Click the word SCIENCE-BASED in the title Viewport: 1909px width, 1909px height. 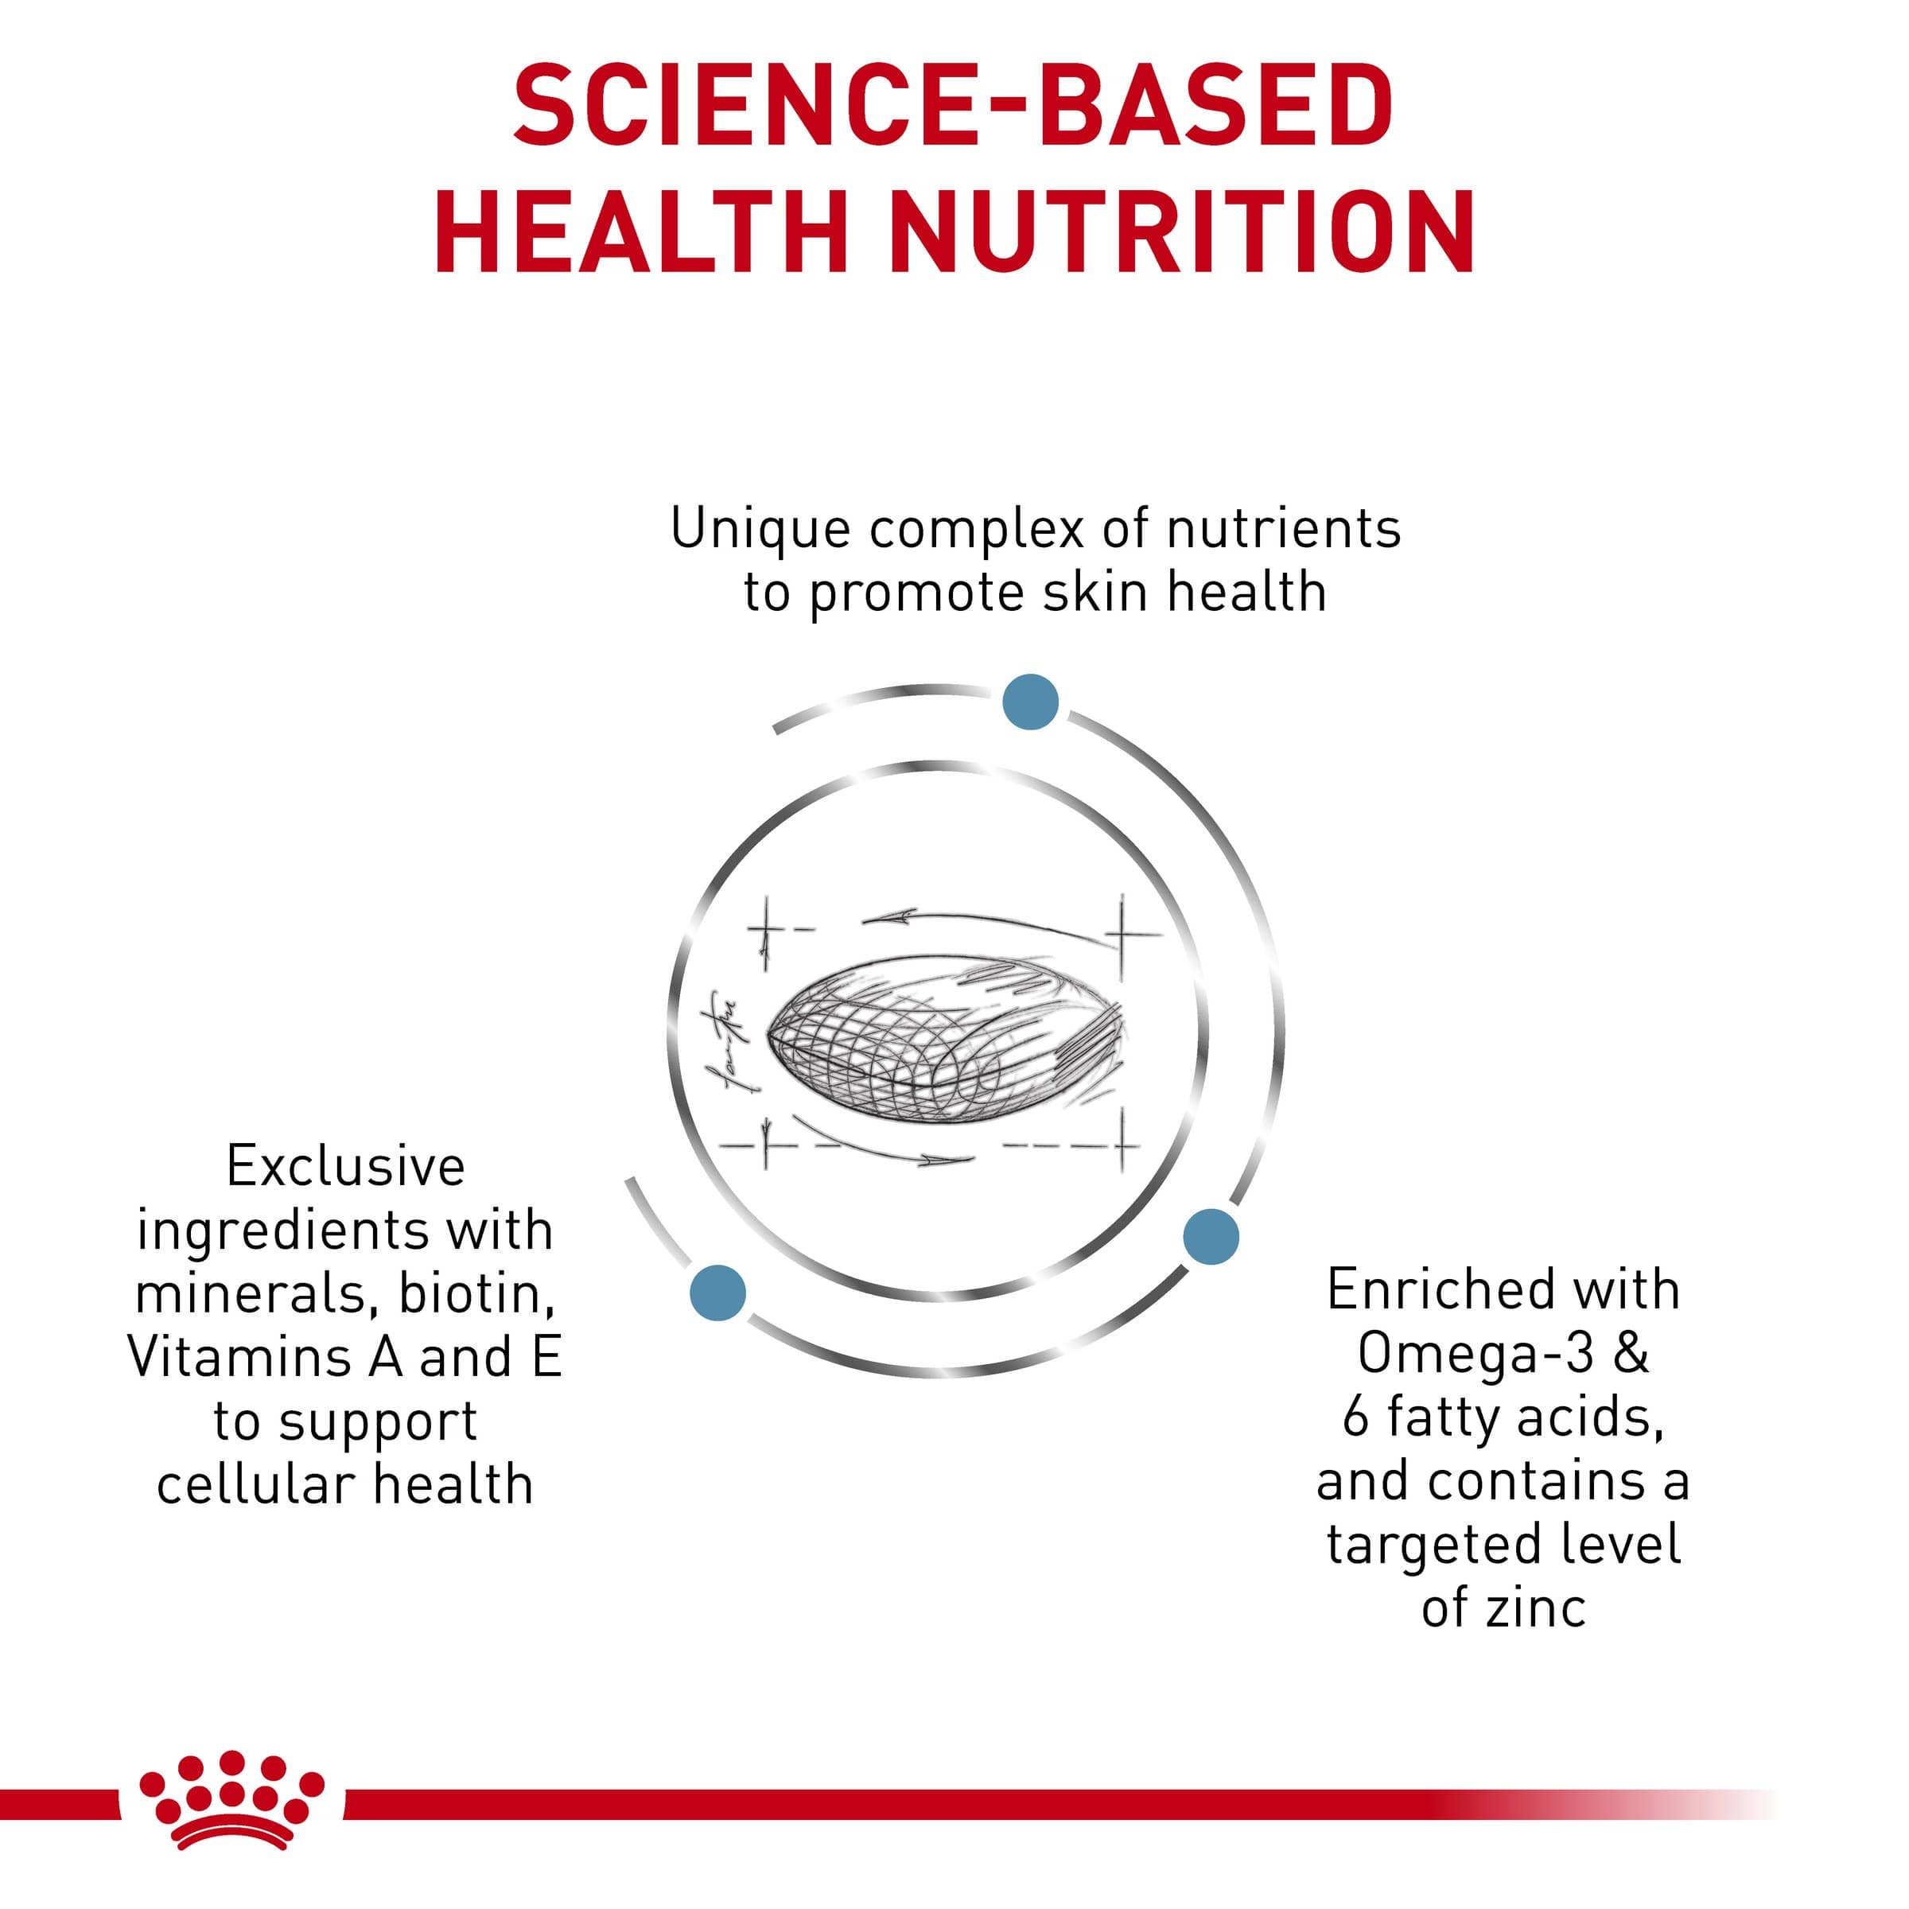pyautogui.click(x=953, y=105)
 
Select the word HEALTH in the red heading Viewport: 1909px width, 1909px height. pyautogui.click(x=640, y=232)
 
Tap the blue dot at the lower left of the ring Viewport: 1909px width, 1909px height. pyautogui.click(x=718, y=1292)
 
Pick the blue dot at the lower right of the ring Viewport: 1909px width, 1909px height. pyautogui.click(x=1211, y=1235)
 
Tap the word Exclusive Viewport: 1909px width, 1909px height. pyautogui.click(x=346, y=1166)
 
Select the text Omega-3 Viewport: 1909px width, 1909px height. pyautogui.click(x=1476, y=1354)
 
